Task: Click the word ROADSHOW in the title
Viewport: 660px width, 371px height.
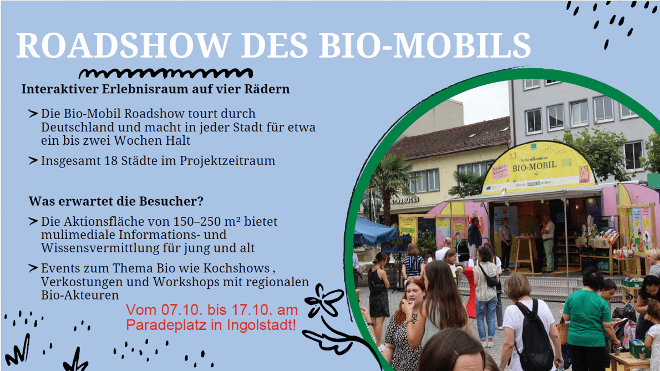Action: tap(123, 45)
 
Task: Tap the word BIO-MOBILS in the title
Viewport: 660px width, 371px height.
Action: tap(425, 45)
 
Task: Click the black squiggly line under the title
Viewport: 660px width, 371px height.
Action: tap(166, 74)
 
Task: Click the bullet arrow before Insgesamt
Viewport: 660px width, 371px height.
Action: tap(33, 160)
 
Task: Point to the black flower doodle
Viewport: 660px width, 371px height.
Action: tap(324, 301)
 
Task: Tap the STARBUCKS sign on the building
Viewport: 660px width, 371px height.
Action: tap(404, 201)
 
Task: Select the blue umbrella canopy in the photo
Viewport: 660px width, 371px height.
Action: tap(374, 232)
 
